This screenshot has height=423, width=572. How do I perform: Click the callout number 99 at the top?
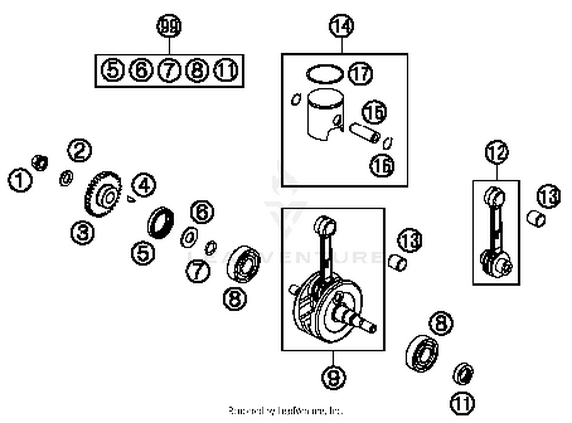(169, 26)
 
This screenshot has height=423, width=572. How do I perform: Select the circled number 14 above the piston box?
(341, 26)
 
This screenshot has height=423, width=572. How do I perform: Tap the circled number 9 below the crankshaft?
(333, 377)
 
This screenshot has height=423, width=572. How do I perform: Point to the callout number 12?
(496, 152)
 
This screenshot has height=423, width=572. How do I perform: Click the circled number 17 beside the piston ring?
(360, 73)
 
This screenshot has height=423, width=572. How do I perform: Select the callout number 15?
(374, 112)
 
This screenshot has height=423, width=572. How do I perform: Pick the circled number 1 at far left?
(20, 180)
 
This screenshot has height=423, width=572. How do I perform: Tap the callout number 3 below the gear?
(82, 232)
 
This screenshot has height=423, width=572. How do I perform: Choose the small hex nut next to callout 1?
(40, 163)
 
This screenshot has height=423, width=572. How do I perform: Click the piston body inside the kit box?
(325, 114)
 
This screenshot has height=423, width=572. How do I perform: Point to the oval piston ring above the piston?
(324, 73)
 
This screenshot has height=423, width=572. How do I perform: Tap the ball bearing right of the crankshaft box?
(422, 353)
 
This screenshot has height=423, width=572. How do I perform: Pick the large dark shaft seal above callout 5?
(161, 222)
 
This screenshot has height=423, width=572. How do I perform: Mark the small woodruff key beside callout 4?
(131, 199)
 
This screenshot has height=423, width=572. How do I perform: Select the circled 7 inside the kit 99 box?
(169, 70)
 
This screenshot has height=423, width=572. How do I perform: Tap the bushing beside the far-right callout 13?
(536, 219)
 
